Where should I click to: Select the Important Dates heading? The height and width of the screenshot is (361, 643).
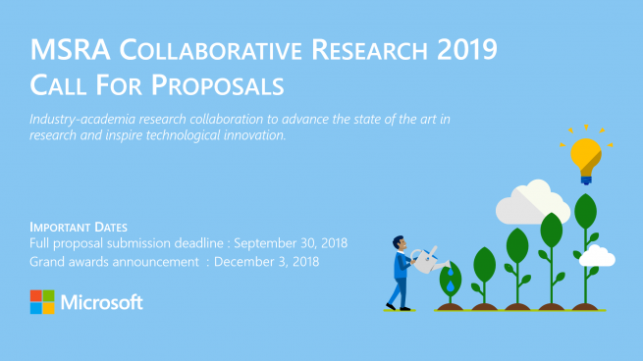[x=79, y=227]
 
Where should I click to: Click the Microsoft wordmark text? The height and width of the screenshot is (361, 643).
[x=102, y=302]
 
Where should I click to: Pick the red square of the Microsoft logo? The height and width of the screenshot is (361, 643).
[x=36, y=295]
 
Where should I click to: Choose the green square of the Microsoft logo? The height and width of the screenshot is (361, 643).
[x=49, y=295]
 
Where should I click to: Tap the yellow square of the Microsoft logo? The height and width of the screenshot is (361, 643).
[x=49, y=308]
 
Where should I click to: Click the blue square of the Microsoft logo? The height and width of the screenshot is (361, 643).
[x=36, y=308]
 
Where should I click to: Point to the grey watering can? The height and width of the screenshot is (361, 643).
[x=424, y=261]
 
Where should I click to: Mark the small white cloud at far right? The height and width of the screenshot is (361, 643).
[x=597, y=256]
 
